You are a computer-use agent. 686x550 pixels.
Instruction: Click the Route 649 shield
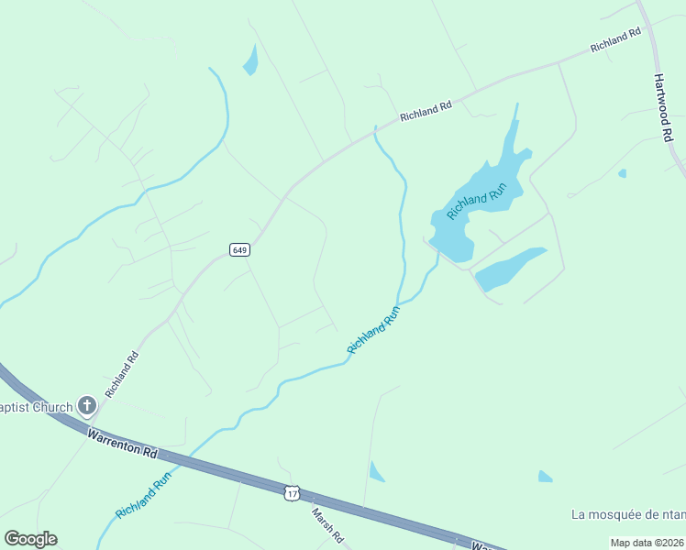click(239, 250)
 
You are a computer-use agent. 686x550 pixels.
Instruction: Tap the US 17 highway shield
click(292, 494)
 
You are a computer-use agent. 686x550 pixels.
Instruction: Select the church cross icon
click(87, 405)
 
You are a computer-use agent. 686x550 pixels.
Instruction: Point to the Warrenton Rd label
click(124, 440)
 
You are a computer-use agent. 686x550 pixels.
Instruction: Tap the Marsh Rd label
click(326, 524)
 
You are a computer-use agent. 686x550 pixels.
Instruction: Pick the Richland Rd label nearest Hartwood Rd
click(615, 40)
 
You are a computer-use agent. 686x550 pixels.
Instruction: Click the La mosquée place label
click(627, 514)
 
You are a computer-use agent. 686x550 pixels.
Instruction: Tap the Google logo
click(30, 538)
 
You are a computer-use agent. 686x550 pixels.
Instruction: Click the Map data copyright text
click(647, 543)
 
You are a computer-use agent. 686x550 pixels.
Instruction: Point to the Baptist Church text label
click(37, 407)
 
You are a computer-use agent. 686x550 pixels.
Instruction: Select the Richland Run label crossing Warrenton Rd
click(144, 495)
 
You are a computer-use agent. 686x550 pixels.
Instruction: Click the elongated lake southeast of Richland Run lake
click(511, 268)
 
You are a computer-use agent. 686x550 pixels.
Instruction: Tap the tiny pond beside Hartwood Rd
click(623, 172)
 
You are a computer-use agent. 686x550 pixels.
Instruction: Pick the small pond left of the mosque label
click(546, 477)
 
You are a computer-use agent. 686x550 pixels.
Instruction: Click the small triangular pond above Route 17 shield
click(376, 472)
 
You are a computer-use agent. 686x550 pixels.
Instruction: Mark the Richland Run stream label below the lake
click(374, 330)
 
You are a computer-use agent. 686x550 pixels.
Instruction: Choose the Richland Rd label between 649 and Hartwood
click(426, 112)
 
